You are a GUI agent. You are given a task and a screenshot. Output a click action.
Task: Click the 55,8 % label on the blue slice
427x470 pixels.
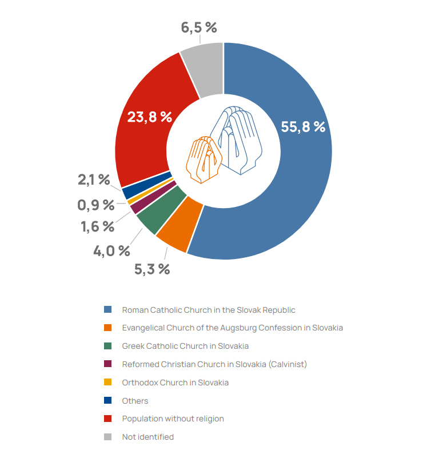click(x=303, y=127)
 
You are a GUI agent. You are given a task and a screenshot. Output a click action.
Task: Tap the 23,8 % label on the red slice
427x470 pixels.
click(x=149, y=117)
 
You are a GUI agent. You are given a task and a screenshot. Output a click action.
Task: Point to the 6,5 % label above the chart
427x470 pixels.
click(x=199, y=27)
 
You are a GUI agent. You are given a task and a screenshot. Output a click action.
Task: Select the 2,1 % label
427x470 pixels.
click(x=94, y=180)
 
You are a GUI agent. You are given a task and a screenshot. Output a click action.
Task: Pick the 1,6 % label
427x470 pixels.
click(x=97, y=226)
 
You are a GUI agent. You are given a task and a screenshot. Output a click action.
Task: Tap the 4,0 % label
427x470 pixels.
click(x=112, y=250)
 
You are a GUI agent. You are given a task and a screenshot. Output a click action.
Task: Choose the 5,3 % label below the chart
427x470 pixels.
click(x=152, y=269)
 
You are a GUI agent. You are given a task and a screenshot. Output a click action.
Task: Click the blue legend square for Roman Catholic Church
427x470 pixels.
click(x=107, y=309)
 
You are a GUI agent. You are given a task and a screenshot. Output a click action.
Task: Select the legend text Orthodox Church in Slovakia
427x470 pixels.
click(x=175, y=383)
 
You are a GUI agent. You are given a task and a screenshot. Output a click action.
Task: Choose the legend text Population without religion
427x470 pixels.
click(x=173, y=419)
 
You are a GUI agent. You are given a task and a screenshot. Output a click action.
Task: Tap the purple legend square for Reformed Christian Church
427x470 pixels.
click(x=107, y=364)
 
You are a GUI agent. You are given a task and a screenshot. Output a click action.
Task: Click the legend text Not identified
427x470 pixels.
click(x=147, y=437)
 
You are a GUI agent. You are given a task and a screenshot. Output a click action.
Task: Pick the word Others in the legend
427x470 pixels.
click(x=135, y=401)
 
